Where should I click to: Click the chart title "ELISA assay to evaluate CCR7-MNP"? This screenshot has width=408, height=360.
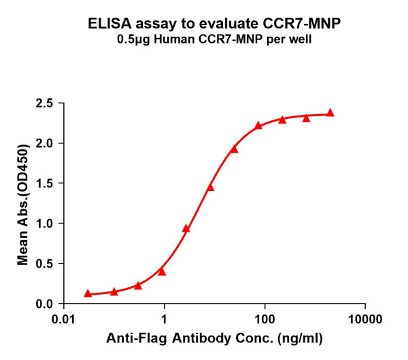click(203, 24)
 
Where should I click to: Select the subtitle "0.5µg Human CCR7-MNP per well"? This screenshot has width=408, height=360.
click(203, 39)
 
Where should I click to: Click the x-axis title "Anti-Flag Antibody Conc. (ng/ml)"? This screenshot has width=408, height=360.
click(214, 338)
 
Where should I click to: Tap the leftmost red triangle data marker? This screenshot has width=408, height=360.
click(88, 293)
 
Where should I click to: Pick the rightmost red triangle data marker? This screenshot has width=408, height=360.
click(330, 113)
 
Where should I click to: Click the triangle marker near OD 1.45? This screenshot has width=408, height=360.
click(210, 187)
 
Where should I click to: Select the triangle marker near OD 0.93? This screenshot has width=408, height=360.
click(186, 228)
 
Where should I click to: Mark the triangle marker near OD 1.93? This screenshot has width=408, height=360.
click(234, 149)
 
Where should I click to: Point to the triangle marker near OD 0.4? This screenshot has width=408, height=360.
click(162, 271)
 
